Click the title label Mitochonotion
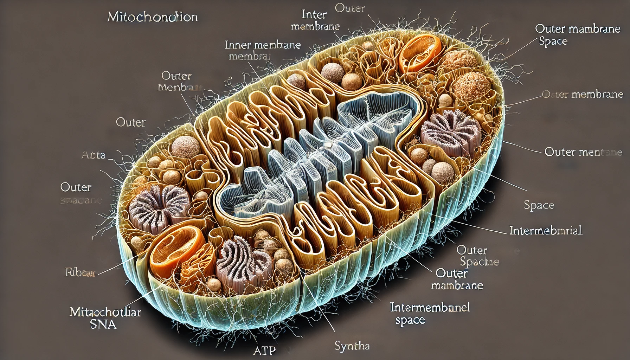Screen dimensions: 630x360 click(152, 17)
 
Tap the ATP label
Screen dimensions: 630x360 click(264, 351)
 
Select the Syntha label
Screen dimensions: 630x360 click(352, 346)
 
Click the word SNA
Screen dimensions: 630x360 click(103, 324)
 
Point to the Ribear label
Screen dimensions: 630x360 click(80, 272)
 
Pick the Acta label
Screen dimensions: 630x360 click(93, 155)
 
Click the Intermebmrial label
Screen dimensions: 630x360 click(546, 231)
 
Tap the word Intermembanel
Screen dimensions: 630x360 click(430, 308)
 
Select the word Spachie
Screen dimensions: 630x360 click(480, 262)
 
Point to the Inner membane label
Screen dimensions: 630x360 click(263, 45)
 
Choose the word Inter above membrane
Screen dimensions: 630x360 click(314, 15)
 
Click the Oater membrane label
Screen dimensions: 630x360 click(582, 94)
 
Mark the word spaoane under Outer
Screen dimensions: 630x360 click(81, 200)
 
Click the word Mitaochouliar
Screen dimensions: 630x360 click(105, 312)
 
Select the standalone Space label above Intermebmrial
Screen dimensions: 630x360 click(539, 205)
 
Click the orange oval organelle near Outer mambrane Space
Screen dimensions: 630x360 click(420, 53)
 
